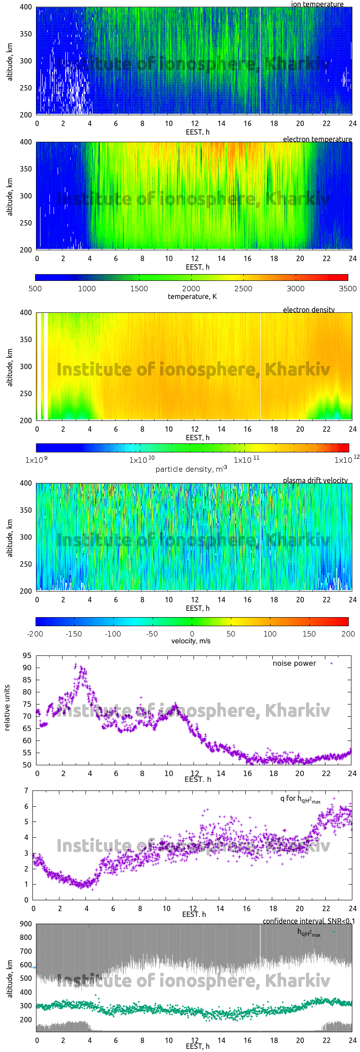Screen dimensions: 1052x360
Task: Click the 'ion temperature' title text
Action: coord(317,4)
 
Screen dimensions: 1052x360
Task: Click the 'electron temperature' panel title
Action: coord(317,139)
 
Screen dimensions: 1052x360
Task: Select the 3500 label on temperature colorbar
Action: coord(347,289)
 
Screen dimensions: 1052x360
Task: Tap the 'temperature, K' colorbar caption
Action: coord(192,297)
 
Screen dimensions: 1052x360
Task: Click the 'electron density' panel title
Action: coord(309,310)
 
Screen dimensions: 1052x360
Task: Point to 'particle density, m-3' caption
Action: coord(191,469)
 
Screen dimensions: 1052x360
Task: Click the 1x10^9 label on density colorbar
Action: coord(36,460)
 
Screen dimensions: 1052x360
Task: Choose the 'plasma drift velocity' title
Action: coord(315,480)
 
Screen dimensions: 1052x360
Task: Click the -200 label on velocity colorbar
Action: coord(35,634)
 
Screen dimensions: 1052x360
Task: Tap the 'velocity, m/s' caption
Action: coord(191,641)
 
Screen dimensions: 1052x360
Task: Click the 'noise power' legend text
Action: coord(294,663)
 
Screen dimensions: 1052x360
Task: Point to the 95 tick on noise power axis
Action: coord(27,655)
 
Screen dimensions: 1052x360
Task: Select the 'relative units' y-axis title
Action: coord(7,708)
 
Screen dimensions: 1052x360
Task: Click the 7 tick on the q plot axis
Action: coord(27,790)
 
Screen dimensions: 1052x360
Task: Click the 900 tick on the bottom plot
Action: coord(26,924)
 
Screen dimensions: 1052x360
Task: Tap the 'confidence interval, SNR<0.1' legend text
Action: coord(309,921)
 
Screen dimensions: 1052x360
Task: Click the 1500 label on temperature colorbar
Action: coord(139,289)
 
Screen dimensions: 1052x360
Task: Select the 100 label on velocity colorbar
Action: coord(270,634)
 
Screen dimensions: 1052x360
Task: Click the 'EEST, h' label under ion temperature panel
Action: coord(198,132)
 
